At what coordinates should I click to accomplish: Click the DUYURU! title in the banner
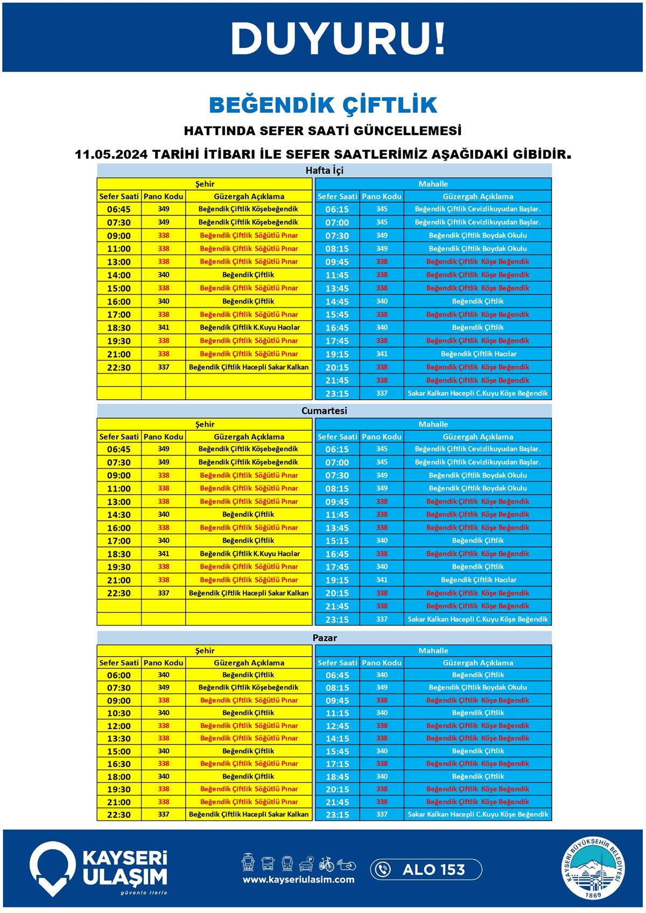[x=338, y=38]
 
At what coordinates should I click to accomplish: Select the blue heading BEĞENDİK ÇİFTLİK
[x=323, y=105]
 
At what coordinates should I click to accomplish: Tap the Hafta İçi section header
[x=324, y=171]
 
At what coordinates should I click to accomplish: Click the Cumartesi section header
[x=324, y=411]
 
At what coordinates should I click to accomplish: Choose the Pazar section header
[x=324, y=638]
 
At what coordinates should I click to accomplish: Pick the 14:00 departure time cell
[x=119, y=275]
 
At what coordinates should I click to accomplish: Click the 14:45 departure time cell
[x=337, y=301]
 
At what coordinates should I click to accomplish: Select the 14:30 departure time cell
[x=119, y=515]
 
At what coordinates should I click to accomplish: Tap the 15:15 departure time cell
[x=337, y=541]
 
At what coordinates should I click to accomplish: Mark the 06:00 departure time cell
[x=119, y=675]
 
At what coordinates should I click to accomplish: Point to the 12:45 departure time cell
[x=337, y=726]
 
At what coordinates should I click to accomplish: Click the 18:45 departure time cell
[x=337, y=777]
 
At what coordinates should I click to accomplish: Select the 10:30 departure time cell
[x=119, y=713]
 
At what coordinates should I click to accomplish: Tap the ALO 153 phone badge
[x=426, y=869]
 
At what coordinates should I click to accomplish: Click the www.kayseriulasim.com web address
[x=298, y=880]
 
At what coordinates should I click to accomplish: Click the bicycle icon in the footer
[x=326, y=864]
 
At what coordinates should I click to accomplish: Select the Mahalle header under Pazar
[x=433, y=650]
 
